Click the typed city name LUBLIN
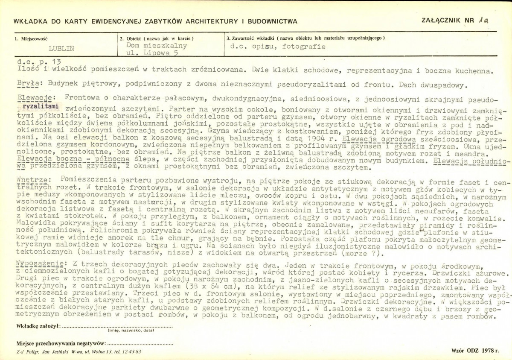(62, 48)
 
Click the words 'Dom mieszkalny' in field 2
(157, 45)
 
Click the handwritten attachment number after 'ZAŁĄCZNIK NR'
(483, 20)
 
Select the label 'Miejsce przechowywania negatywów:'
(61, 343)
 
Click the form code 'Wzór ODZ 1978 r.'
(474, 350)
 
